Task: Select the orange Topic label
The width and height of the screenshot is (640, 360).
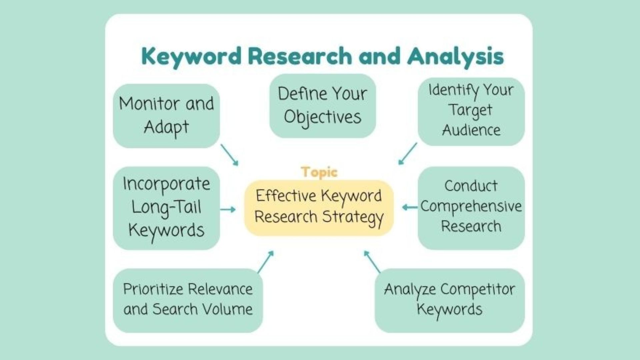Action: (319, 172)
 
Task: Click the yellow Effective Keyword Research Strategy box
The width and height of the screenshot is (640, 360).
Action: (319, 208)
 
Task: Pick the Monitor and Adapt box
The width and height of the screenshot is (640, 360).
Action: (166, 116)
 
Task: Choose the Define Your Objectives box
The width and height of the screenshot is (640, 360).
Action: (323, 106)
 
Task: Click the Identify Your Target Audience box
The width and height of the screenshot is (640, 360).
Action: (471, 112)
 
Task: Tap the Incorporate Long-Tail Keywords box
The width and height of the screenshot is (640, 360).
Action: (166, 208)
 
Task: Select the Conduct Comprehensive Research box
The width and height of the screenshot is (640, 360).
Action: (471, 208)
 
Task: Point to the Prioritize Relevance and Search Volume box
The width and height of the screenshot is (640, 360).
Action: (188, 300)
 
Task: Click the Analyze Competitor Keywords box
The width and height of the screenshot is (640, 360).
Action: (450, 300)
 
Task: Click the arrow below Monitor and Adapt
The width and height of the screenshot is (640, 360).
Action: (230, 155)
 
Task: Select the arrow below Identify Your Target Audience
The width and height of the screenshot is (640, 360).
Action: (408, 154)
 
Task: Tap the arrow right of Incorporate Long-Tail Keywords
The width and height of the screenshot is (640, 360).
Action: (228, 209)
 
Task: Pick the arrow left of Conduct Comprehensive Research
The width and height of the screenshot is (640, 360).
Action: (410, 207)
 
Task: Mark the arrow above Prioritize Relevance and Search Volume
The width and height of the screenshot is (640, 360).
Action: (266, 262)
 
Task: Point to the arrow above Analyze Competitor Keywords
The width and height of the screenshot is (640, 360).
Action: (372, 262)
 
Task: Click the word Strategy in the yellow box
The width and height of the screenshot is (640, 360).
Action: (353, 218)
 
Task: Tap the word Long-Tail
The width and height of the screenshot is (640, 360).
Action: (166, 208)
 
